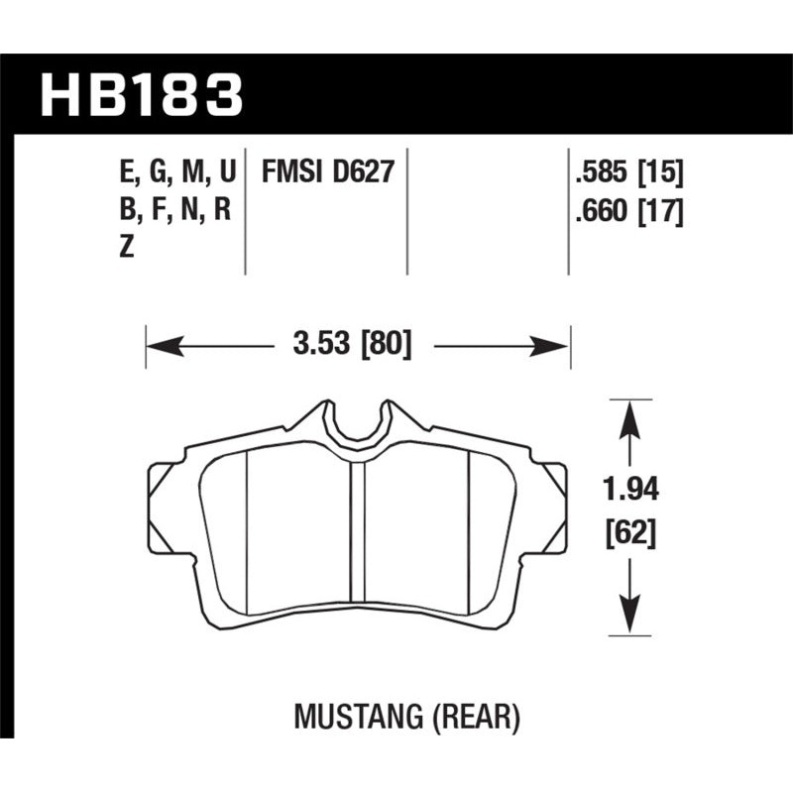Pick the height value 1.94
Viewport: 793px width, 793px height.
point(628,491)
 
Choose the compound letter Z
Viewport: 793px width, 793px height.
point(126,250)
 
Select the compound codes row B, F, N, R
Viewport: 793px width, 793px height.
point(174,211)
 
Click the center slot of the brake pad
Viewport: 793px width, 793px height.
point(358,540)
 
